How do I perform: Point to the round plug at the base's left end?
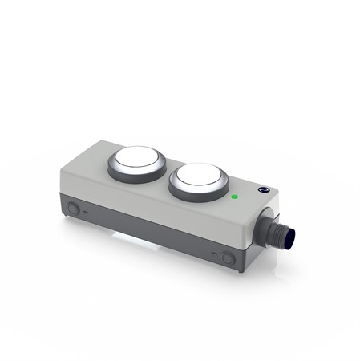coord(74,208)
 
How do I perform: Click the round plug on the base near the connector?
coord(227,258)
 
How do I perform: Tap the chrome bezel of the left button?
coord(120,163)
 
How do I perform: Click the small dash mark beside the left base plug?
coord(86,211)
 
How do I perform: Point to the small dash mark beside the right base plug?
coord(214,255)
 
